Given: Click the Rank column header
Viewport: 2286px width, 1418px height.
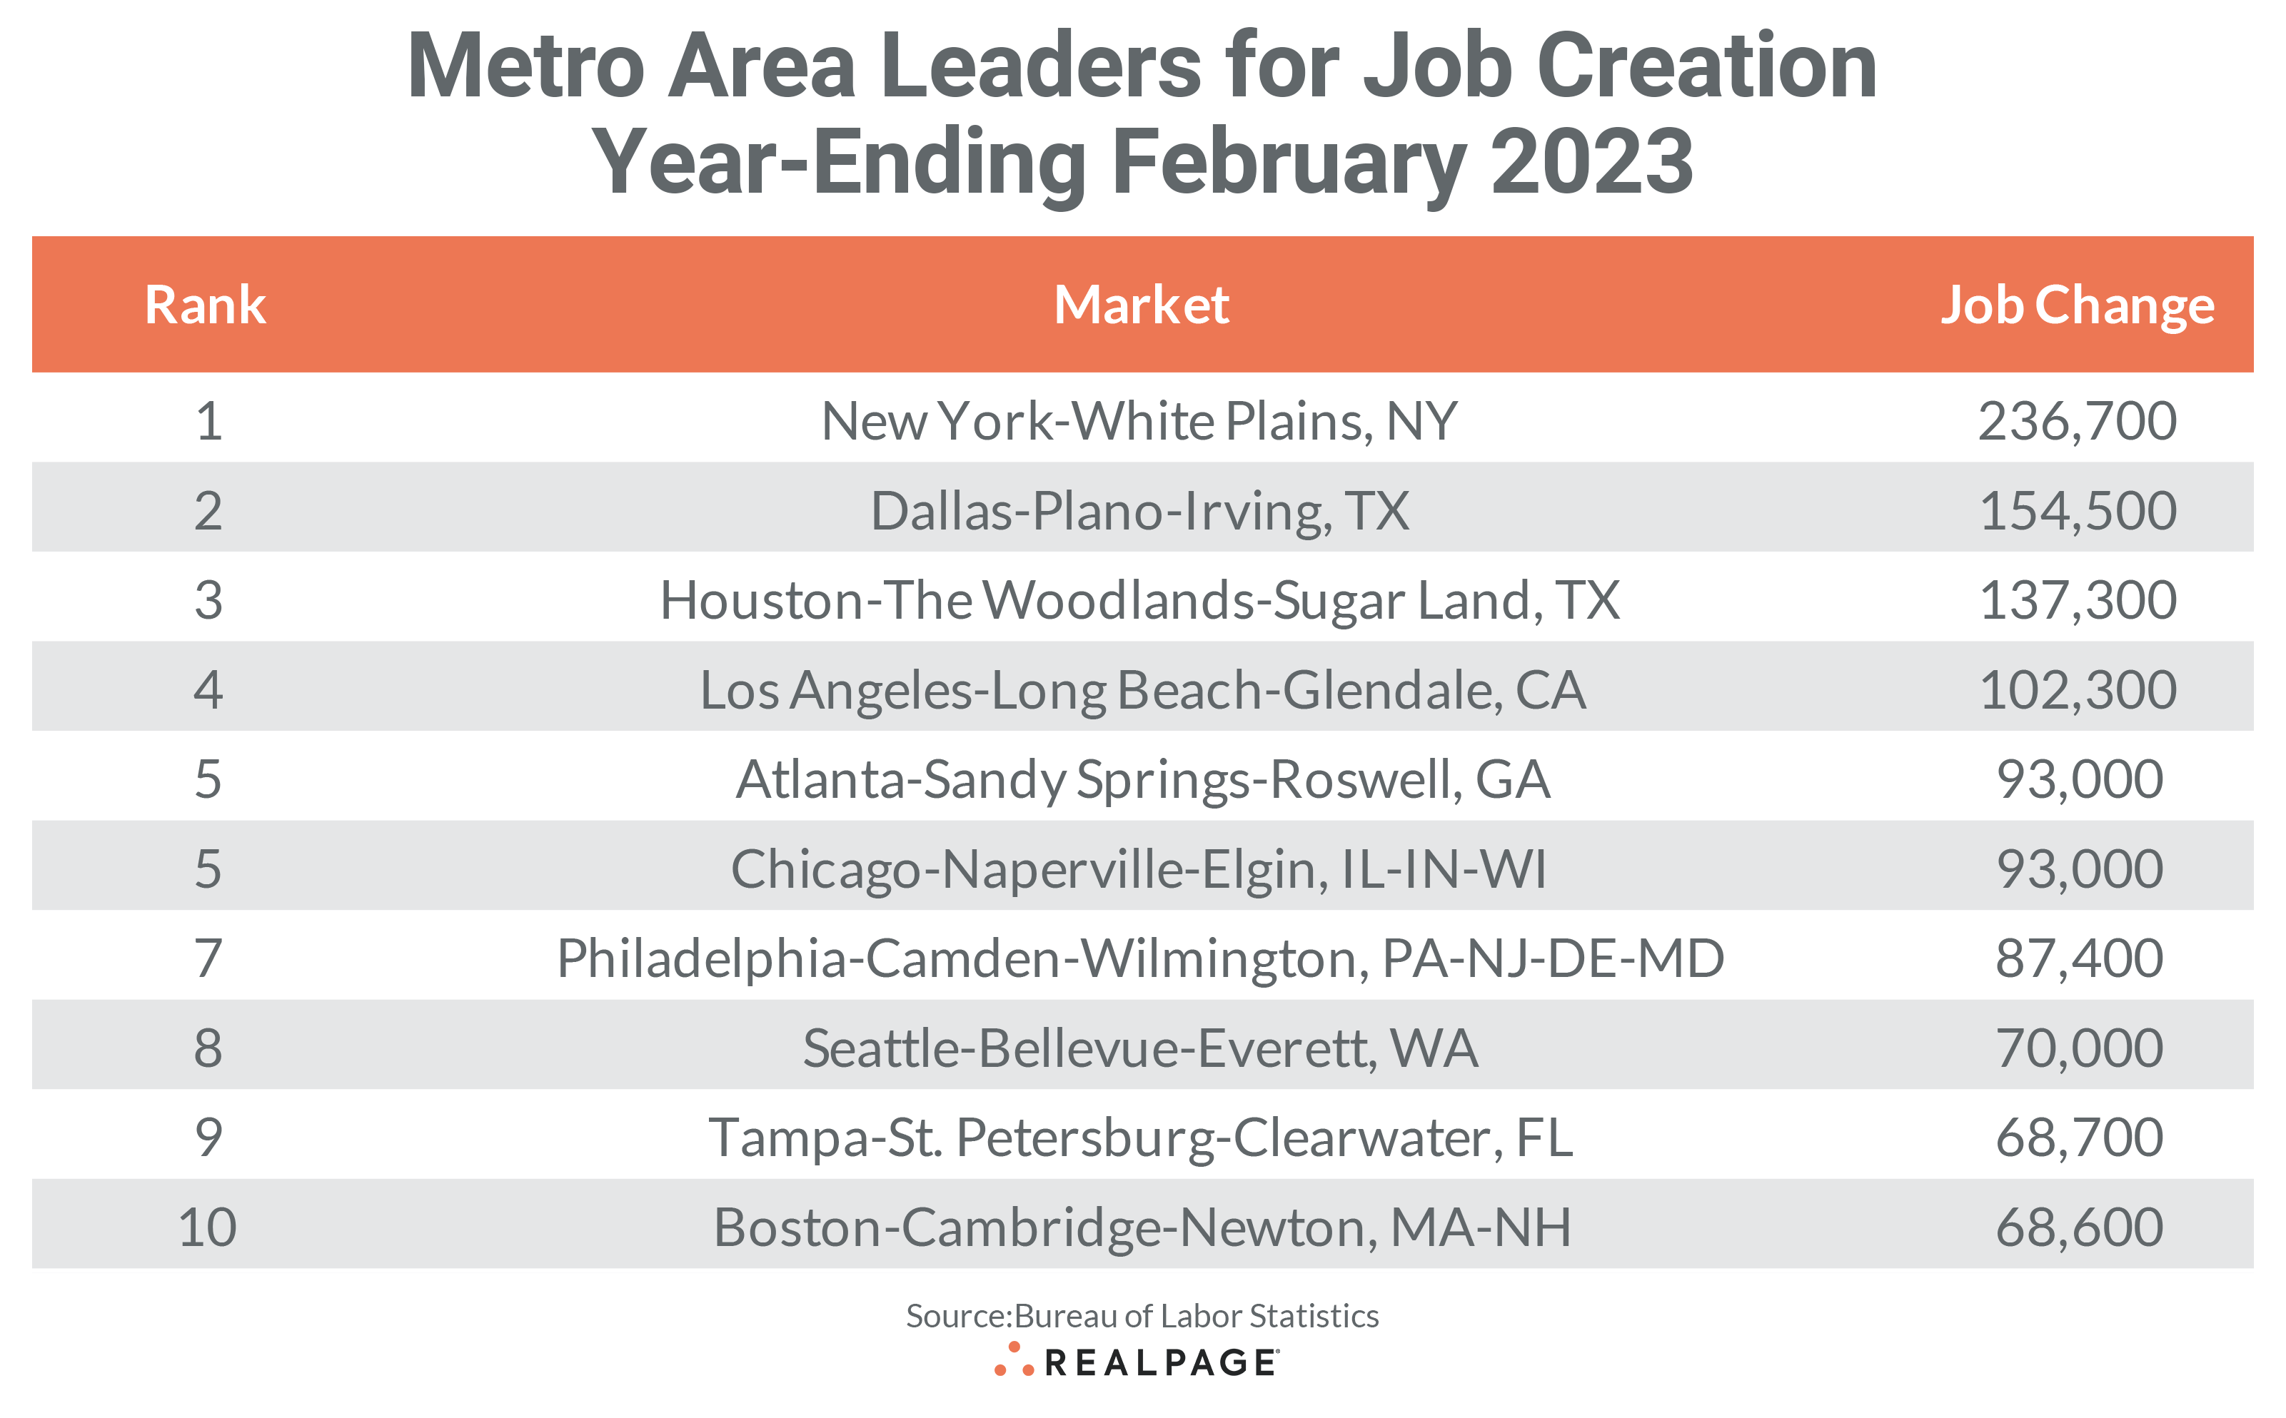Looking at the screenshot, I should (206, 305).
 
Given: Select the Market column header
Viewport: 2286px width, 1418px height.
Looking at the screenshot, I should (1141, 305).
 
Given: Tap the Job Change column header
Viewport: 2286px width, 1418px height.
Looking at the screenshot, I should (2077, 305).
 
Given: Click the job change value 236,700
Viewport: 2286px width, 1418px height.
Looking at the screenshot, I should (2077, 420).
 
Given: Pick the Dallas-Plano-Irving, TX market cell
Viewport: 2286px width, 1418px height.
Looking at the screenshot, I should (1139, 510).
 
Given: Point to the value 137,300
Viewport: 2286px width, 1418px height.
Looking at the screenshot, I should (2077, 599).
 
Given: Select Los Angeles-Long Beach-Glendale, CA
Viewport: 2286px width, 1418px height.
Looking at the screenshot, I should (1142, 689).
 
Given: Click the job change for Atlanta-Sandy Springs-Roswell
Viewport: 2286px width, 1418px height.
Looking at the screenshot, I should (2079, 779).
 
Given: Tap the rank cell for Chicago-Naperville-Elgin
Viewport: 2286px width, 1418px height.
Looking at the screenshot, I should (207, 868).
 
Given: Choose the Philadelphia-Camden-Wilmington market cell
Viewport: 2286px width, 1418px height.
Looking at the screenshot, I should (1139, 958).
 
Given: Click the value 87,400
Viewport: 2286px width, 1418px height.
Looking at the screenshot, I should (2079, 958).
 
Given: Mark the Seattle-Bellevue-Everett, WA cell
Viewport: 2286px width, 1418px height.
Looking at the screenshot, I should (1139, 1048).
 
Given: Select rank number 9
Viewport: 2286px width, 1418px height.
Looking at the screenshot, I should (207, 1137).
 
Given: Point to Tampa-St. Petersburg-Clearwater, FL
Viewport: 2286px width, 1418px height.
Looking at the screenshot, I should (1139, 1137).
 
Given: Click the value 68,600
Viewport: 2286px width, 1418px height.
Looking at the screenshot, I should (2079, 1227).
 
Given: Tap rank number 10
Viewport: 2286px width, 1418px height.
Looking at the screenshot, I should (207, 1227).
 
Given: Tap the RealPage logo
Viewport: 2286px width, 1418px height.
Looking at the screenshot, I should (1137, 1362).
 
